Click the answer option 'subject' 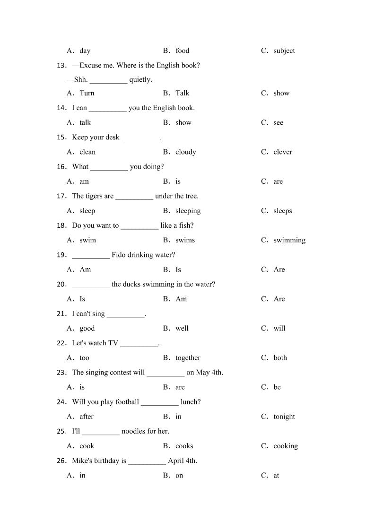(284, 51)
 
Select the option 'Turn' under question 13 (87, 93)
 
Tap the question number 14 (61, 108)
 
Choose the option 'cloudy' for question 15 (185, 152)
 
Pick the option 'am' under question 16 (84, 181)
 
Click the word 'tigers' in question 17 (92, 196)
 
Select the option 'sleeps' (282, 211)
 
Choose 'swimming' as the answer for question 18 (289, 240)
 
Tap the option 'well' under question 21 (182, 328)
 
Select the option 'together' (188, 358)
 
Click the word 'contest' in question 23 (123, 372)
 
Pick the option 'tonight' (284, 417)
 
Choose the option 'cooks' (184, 446)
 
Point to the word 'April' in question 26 (176, 461)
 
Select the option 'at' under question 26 (276, 476)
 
